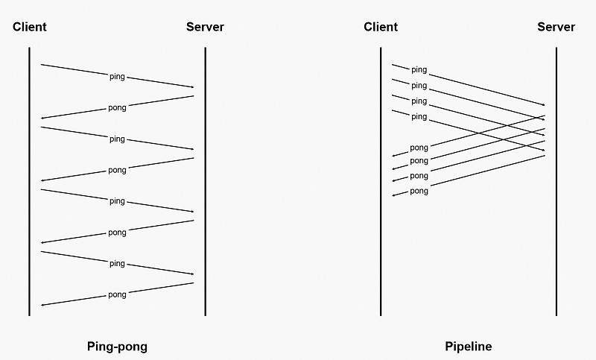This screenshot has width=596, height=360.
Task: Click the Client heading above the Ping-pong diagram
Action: pyautogui.click(x=30, y=27)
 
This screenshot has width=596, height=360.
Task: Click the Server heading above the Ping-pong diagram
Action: pyautogui.click(x=205, y=27)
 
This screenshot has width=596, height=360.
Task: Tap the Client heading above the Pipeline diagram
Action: pyautogui.click(x=381, y=27)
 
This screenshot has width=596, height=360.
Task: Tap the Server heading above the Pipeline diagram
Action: pyautogui.click(x=556, y=27)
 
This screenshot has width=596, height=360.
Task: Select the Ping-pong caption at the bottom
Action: pyautogui.click(x=117, y=347)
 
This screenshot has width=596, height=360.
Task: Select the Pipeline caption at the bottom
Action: pyautogui.click(x=468, y=347)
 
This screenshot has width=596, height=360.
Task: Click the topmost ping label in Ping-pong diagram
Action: pyautogui.click(x=117, y=77)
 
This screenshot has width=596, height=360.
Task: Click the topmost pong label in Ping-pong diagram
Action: pyautogui.click(x=117, y=107)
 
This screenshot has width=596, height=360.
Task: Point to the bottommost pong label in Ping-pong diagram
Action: pyautogui.click(x=117, y=294)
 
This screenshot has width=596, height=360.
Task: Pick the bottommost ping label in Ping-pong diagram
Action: pyautogui.click(x=117, y=264)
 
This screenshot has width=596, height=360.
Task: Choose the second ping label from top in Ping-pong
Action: pyautogui.click(x=117, y=139)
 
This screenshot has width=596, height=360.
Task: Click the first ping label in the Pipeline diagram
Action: pyautogui.click(x=419, y=70)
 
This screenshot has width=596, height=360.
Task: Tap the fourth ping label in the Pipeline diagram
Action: pyautogui.click(x=419, y=117)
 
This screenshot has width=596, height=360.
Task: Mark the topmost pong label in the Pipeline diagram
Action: pyautogui.click(x=419, y=148)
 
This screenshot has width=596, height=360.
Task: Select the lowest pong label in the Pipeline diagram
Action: pyautogui.click(x=419, y=192)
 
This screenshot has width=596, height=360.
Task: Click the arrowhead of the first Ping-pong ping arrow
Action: pyautogui.click(x=192, y=87)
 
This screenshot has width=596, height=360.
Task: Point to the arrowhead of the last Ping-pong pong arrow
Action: pyautogui.click(x=42, y=305)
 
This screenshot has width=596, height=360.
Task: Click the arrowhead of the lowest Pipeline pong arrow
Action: pyautogui.click(x=394, y=195)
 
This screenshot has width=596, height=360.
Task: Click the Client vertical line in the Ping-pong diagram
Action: pyautogui.click(x=30, y=224)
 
